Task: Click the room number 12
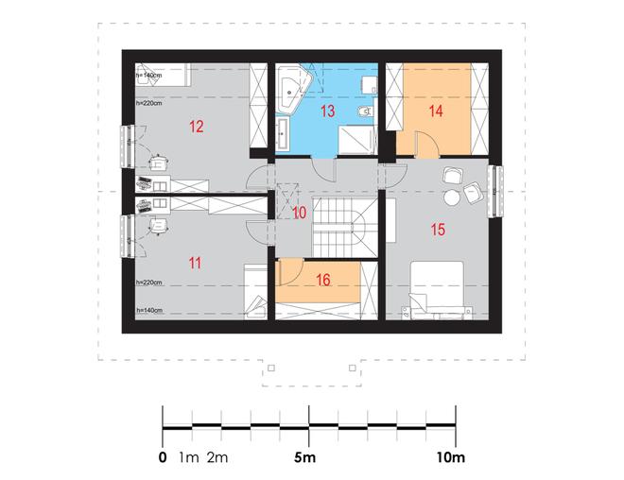(x=197, y=127)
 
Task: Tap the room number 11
(x=195, y=264)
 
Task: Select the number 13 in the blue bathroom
(x=327, y=111)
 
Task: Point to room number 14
(x=436, y=111)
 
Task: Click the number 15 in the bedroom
(x=438, y=230)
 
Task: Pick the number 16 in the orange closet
(x=323, y=280)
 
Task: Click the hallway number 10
(x=300, y=213)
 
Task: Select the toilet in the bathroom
(x=365, y=111)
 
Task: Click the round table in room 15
(x=452, y=197)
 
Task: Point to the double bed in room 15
(x=437, y=289)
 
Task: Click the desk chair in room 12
(x=159, y=163)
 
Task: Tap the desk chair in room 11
(x=159, y=226)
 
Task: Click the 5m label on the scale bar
(x=304, y=457)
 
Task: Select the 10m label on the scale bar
(x=450, y=457)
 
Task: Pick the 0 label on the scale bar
(x=163, y=457)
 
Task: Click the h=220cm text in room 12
(x=148, y=103)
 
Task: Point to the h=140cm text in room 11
(x=149, y=310)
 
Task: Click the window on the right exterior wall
(x=495, y=192)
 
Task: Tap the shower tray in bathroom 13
(x=357, y=140)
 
